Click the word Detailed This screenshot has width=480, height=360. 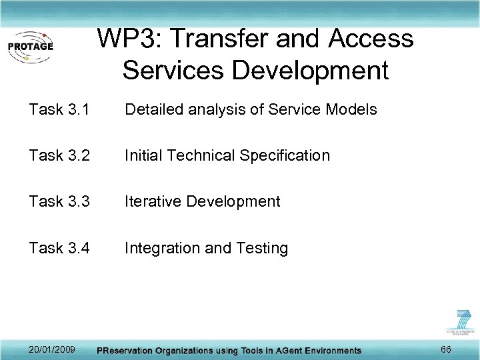click(152, 109)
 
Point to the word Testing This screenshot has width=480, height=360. click(262, 249)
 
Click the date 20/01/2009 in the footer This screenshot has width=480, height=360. click(52, 349)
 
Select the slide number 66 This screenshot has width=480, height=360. click(447, 349)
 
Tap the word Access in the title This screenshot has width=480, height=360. click(371, 39)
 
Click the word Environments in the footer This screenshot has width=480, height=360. click(329, 350)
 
